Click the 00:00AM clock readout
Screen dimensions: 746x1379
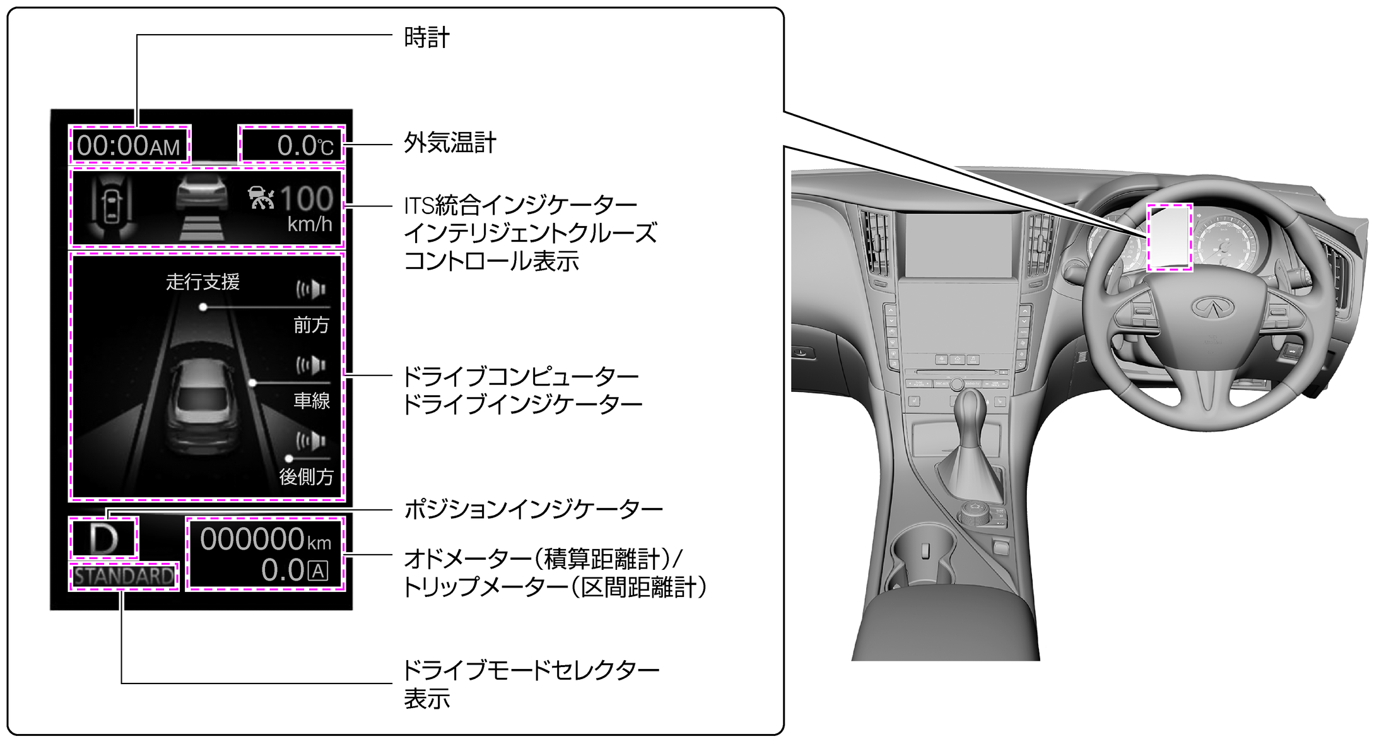tap(129, 146)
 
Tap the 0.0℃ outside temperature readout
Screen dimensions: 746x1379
tap(305, 146)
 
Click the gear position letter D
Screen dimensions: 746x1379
tap(103, 539)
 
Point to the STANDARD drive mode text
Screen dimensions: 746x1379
tap(124, 576)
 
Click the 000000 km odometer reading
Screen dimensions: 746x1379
tap(265, 540)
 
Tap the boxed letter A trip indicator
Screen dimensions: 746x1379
tap(318, 571)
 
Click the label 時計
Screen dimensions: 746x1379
tap(426, 38)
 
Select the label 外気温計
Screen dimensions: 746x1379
tap(450, 143)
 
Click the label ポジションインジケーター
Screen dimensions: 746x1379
tap(533, 509)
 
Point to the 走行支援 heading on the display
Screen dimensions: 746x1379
tap(202, 281)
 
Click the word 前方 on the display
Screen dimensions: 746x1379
tap(311, 325)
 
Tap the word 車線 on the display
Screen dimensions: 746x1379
tap(312, 400)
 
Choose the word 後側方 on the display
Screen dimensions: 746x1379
tap(306, 477)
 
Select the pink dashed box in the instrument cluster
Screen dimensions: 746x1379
tap(1170, 237)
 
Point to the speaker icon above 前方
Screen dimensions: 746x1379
tap(312, 290)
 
